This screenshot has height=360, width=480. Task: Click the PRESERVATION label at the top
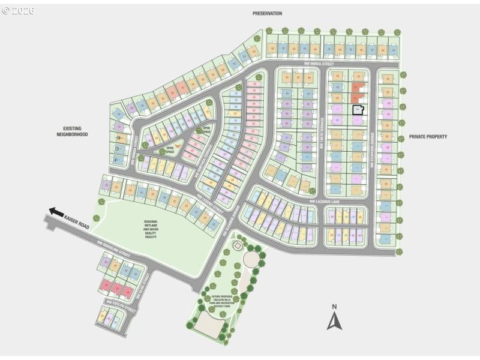click(267, 13)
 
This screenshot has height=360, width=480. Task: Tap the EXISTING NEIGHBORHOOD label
click(76, 131)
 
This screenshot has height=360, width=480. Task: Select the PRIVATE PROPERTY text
click(428, 137)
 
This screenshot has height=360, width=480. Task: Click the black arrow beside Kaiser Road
click(56, 212)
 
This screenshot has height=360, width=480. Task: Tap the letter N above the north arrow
click(334, 307)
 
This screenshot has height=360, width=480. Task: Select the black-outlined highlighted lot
click(358, 110)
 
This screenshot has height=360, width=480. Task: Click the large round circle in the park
click(251, 259)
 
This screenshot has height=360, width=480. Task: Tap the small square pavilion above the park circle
click(238, 246)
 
